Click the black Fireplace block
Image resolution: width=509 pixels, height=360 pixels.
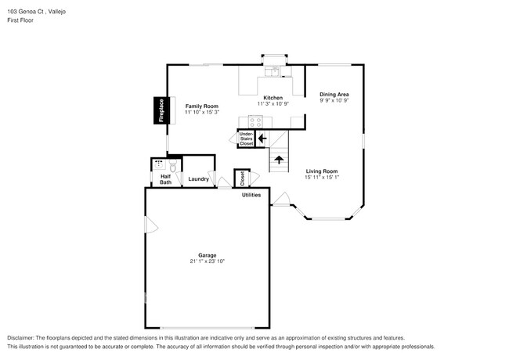[161, 110]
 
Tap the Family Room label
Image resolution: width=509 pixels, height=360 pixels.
[201, 106]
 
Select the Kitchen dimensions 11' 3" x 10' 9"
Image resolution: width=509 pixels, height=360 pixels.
[273, 104]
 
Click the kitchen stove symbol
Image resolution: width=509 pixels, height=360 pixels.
[255, 121]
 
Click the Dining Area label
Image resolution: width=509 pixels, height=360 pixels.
[334, 94]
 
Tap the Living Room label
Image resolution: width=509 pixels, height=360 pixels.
[321, 171]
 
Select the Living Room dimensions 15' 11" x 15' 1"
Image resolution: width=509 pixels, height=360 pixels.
[321, 177]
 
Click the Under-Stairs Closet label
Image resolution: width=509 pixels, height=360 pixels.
[246, 139]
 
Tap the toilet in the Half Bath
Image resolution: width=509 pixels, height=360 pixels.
[172, 166]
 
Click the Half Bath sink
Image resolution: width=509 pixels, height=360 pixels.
[159, 165]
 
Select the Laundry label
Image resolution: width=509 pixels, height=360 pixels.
[198, 179]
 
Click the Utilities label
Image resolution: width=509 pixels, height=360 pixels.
[251, 194]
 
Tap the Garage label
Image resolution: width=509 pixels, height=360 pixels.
[207, 254]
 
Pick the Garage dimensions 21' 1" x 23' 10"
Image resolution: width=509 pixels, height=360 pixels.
[207, 261]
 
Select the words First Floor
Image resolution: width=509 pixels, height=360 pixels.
[20, 20]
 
